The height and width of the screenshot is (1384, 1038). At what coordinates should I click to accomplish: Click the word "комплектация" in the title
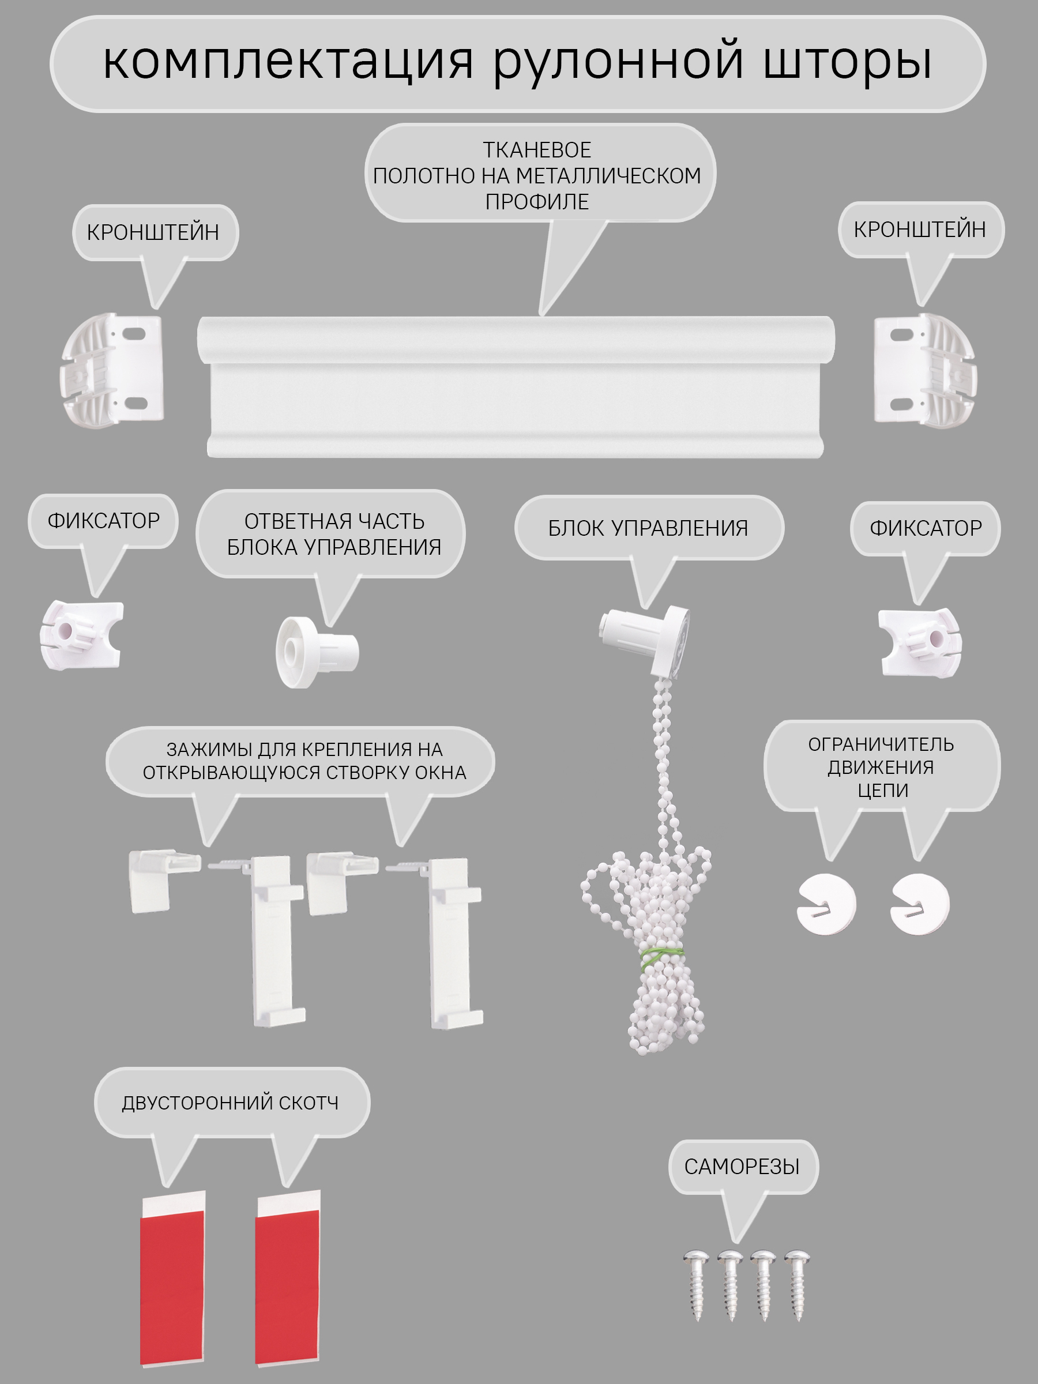point(288,62)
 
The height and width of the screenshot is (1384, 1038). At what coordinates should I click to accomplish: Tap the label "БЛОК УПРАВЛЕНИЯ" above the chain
point(648,528)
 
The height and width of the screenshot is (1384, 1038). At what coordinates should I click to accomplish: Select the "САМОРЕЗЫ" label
point(742,1167)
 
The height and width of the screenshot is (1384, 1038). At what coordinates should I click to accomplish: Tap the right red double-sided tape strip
point(288,1277)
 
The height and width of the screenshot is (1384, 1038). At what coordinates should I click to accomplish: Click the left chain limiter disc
point(826,904)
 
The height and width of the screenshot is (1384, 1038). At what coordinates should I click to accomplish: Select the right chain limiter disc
point(920,904)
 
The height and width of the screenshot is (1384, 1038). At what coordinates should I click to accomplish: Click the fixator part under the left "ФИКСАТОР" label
point(81,634)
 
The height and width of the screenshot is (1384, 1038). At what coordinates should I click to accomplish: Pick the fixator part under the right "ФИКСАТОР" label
point(919,642)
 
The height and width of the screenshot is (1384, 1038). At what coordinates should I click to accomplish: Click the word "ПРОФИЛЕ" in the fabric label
point(537,202)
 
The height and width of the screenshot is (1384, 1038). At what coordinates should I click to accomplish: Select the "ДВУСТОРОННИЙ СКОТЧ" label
point(230,1103)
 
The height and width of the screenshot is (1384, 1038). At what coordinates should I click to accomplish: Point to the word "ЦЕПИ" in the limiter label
point(883,791)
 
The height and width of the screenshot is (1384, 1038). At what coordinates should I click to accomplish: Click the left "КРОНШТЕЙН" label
point(153,232)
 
